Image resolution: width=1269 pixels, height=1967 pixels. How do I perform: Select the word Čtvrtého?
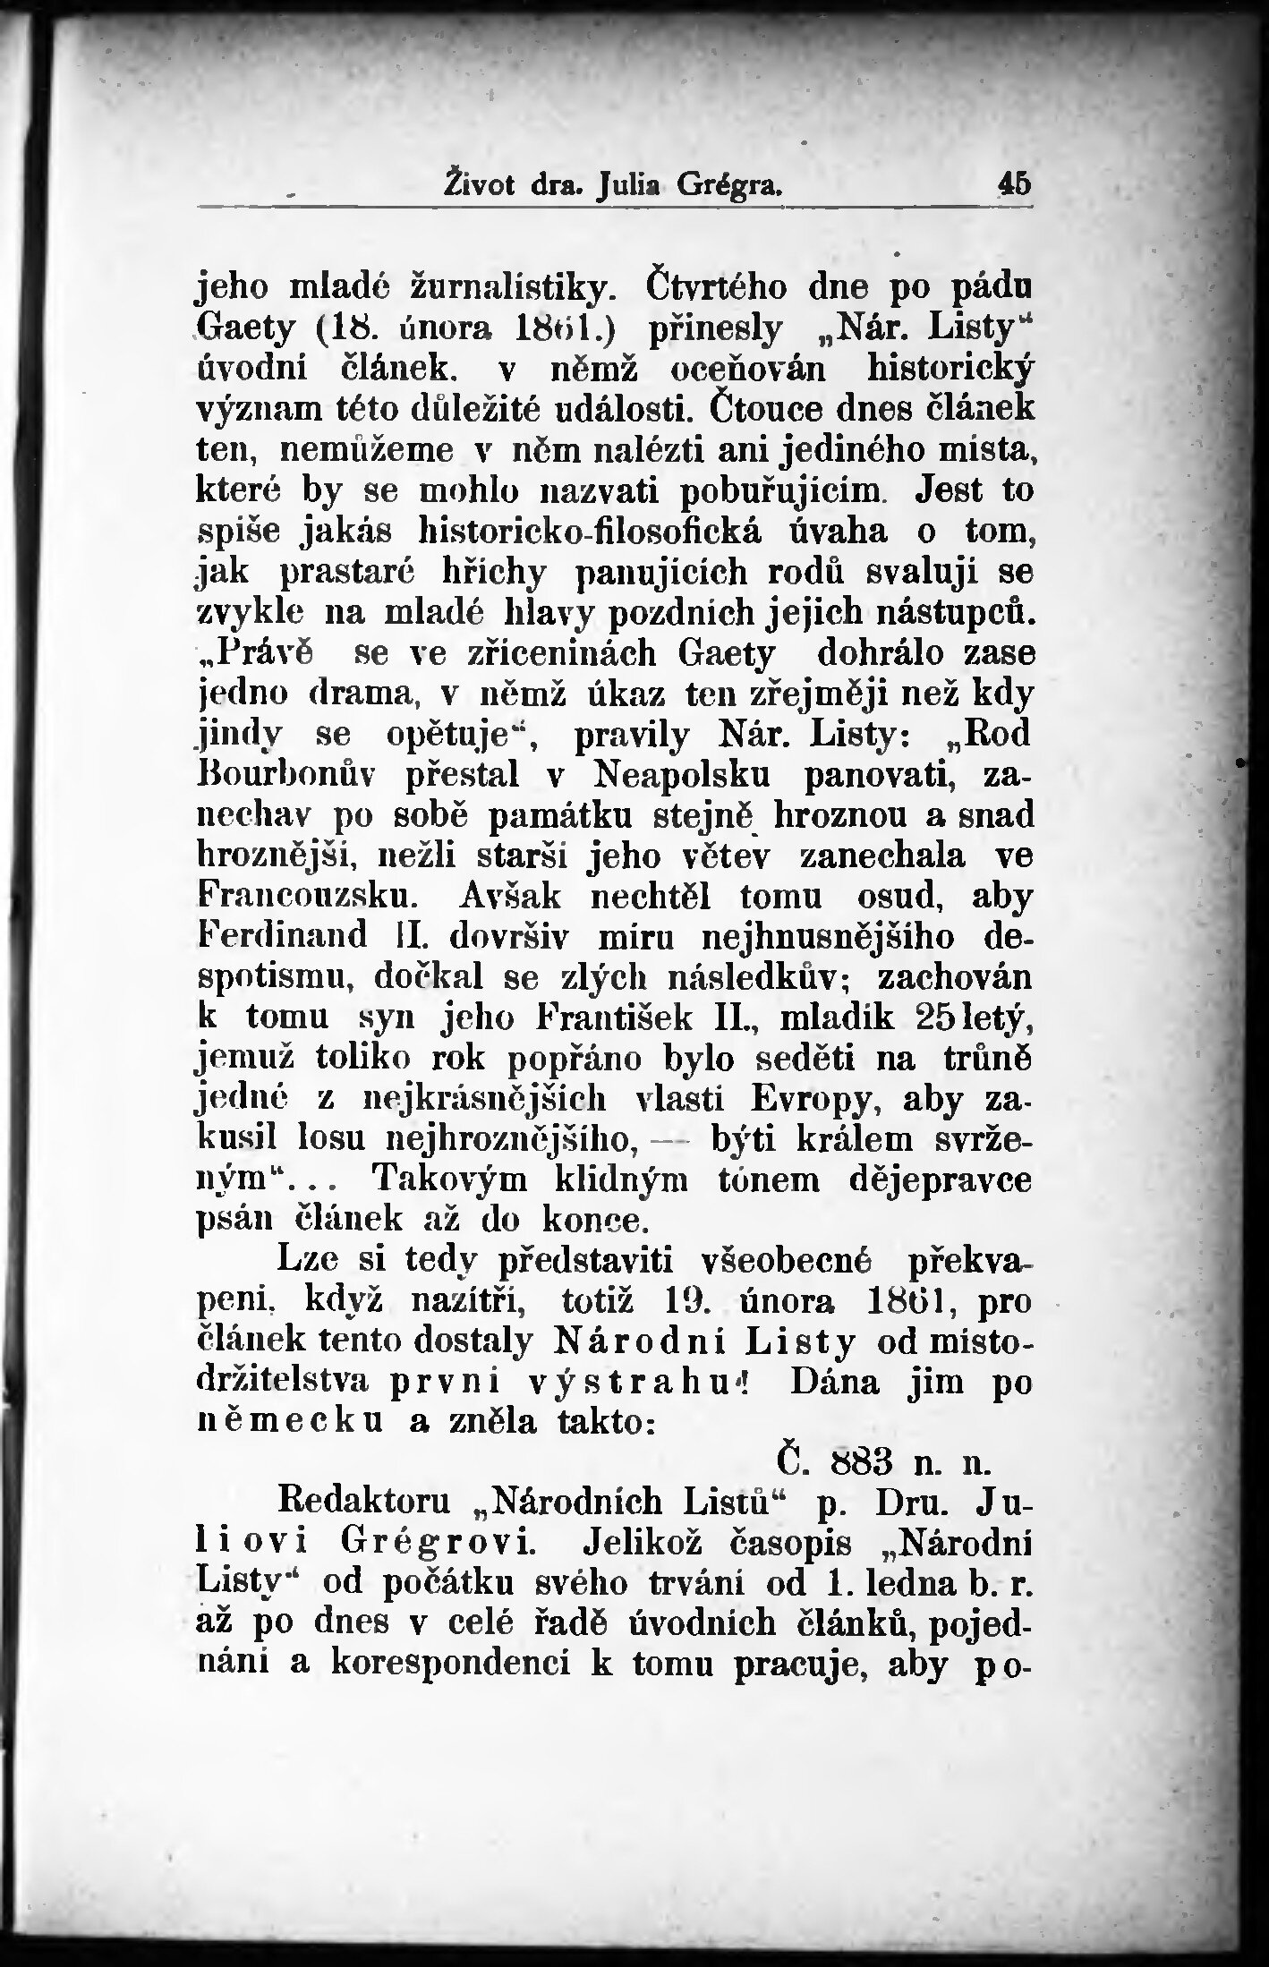point(715,289)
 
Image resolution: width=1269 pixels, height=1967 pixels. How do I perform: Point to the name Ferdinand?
point(282,935)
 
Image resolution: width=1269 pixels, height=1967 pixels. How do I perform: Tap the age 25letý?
point(975,1018)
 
